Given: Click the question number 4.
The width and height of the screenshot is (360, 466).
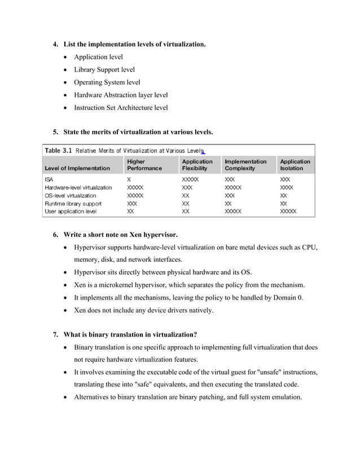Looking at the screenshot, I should click(x=55, y=43).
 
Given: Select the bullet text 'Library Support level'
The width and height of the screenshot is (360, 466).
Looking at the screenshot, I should click(x=104, y=69).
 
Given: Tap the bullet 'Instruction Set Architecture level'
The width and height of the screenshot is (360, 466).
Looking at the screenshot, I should click(x=121, y=107).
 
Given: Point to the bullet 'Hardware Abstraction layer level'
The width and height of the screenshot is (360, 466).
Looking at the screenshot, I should click(x=121, y=95).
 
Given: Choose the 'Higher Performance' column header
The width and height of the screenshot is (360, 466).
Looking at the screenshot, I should click(x=144, y=165).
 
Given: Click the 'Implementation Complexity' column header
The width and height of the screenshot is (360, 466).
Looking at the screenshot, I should click(x=245, y=165).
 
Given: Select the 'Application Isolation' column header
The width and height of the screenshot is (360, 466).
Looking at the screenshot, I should click(x=295, y=165).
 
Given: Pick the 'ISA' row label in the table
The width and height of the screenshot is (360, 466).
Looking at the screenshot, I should click(x=49, y=179).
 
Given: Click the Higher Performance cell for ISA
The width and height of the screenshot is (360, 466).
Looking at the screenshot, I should click(x=129, y=179).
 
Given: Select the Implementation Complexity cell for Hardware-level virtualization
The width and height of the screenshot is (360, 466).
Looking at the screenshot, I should click(x=233, y=187).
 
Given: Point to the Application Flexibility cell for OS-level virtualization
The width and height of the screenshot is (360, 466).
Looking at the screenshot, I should click(x=186, y=195).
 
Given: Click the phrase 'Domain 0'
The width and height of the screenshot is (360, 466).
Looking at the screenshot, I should click(x=288, y=297).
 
